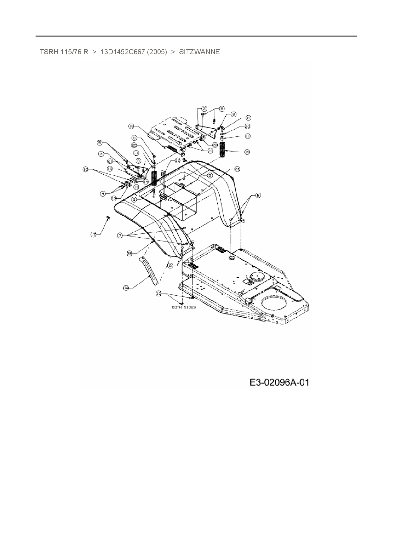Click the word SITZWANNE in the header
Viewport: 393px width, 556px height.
coord(199,52)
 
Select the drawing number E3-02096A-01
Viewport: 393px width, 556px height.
coord(279,383)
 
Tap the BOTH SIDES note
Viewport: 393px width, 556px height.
coord(184,307)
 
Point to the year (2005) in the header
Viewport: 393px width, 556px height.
coord(157,52)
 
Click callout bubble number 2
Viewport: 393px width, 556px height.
coord(204,109)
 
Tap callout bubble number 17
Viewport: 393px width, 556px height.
coord(93,235)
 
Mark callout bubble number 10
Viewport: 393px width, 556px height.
coord(158,294)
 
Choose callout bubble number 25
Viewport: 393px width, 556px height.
coord(129,253)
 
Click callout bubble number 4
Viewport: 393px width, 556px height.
coord(103,193)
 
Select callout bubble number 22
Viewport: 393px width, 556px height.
coord(215,145)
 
